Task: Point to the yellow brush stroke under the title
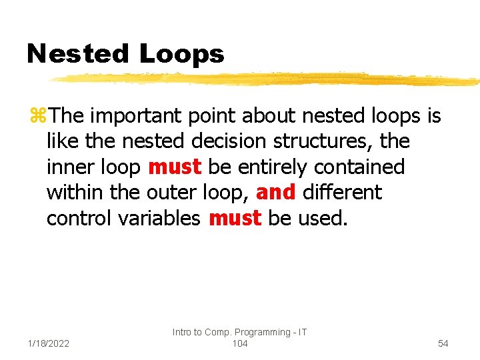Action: pyautogui.click(x=267, y=80)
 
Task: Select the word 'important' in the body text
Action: pyautogui.click(x=137, y=117)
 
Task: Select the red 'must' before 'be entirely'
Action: pyautogui.click(x=175, y=167)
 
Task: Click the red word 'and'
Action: pyautogui.click(x=275, y=192)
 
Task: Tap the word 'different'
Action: pyautogui.click(x=342, y=192)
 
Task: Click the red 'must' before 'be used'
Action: pyautogui.click(x=235, y=217)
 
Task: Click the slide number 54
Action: pyautogui.click(x=443, y=343)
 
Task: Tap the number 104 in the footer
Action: pyautogui.click(x=240, y=343)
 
